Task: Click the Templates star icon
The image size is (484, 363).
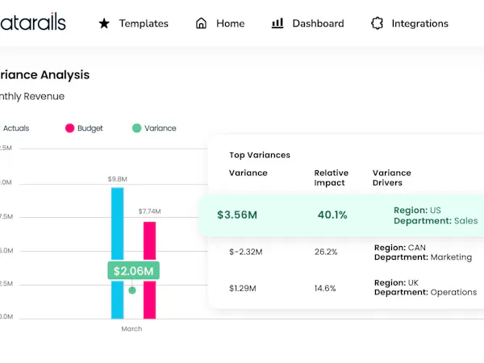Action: pos(104,23)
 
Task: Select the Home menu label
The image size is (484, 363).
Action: pos(230,23)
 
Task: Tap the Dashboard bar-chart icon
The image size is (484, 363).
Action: pos(277,23)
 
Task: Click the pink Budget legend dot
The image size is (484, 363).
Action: pos(70,128)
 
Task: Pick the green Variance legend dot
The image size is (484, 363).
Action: pos(137,128)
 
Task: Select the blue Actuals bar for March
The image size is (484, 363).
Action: pos(117,234)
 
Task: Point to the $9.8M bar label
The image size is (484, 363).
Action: pos(117,179)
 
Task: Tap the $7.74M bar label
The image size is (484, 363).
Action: pos(149,211)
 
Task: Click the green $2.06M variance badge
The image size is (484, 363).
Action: pos(133,270)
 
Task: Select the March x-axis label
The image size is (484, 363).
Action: pos(131,328)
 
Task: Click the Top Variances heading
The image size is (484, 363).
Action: pos(259,155)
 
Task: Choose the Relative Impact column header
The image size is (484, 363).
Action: pos(332,177)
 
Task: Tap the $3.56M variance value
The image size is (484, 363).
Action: pos(237,215)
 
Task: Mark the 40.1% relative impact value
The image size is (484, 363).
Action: pos(332,215)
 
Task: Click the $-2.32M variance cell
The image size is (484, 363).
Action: pos(245,252)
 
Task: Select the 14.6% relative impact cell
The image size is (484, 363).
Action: pos(326,287)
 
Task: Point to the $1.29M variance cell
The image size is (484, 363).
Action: pos(243,287)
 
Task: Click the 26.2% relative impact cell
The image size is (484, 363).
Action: pos(326,252)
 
